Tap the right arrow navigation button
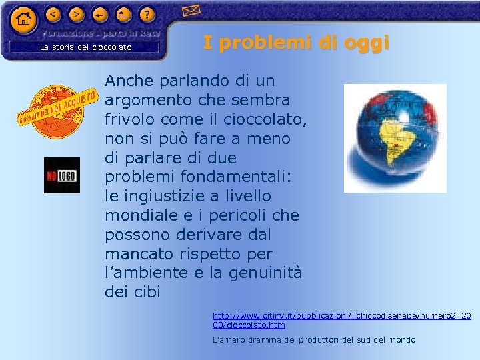[77, 14]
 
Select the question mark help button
[147, 14]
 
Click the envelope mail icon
[191, 10]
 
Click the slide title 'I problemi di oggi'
[295, 43]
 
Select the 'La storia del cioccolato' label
[86, 47]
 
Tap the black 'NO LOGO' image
[61, 175]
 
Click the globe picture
[395, 138]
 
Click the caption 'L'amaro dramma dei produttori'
[313, 340]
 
